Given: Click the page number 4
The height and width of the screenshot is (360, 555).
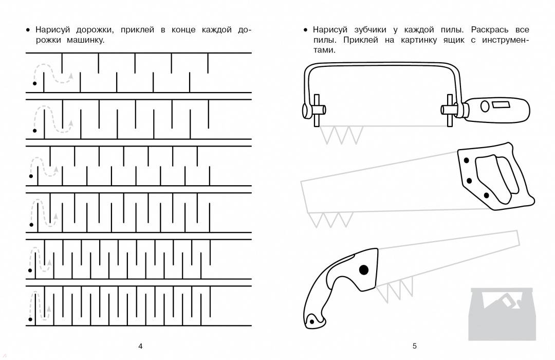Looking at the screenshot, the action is coord(140,346).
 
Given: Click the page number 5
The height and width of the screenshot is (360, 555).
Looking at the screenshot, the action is coord(415,346).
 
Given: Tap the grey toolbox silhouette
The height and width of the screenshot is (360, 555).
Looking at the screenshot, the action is coord(502,314).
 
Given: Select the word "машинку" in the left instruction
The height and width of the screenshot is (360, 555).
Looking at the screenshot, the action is coord(85,40).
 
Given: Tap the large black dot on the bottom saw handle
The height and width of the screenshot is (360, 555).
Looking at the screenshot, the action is coord(363,270).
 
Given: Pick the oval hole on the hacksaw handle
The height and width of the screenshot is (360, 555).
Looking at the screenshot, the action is coord(485,106).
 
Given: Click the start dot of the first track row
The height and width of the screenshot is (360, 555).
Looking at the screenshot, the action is coord(35,84).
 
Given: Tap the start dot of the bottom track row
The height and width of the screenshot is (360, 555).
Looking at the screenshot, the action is coord(30,319).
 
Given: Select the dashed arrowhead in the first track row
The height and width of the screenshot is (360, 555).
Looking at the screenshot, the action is coord(71,76).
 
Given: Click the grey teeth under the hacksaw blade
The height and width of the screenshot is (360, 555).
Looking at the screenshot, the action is coord(342,135).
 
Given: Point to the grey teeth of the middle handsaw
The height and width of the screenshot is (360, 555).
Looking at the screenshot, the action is coord(330,220).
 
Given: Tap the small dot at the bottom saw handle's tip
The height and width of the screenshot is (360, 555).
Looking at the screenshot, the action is coord(312,322).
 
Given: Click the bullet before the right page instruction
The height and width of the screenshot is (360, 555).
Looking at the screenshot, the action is coord(305,30).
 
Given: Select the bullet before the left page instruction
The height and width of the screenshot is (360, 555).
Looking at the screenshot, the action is coord(28,30).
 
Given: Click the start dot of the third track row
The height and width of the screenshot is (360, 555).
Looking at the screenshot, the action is coord(31,176).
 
